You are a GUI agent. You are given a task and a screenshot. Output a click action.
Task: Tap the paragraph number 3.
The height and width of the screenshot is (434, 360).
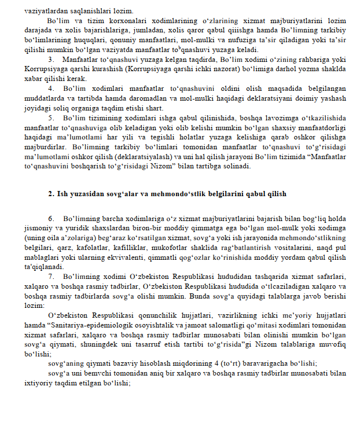tap(51, 60)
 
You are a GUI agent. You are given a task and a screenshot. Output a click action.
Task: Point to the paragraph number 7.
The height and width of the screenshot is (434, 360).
tap(51, 276)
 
